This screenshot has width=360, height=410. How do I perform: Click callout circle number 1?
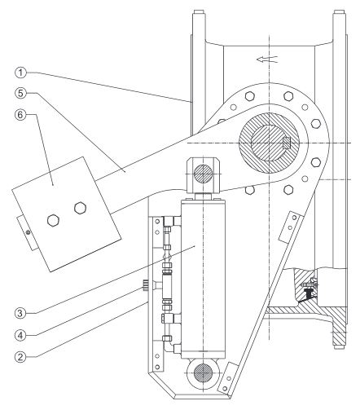(21, 73)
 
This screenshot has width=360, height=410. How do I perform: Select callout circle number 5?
(21, 93)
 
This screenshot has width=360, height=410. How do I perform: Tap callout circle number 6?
(21, 114)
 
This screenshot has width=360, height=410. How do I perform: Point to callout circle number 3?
(21, 313)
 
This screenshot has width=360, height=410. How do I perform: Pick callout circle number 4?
(21, 335)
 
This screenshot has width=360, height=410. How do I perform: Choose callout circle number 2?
(21, 356)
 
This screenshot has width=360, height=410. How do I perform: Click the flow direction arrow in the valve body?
(267, 59)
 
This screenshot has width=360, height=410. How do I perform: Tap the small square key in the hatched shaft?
(287, 142)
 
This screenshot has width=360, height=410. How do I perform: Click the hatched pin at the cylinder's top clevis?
(203, 174)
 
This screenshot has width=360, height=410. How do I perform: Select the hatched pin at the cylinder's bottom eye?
(203, 373)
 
